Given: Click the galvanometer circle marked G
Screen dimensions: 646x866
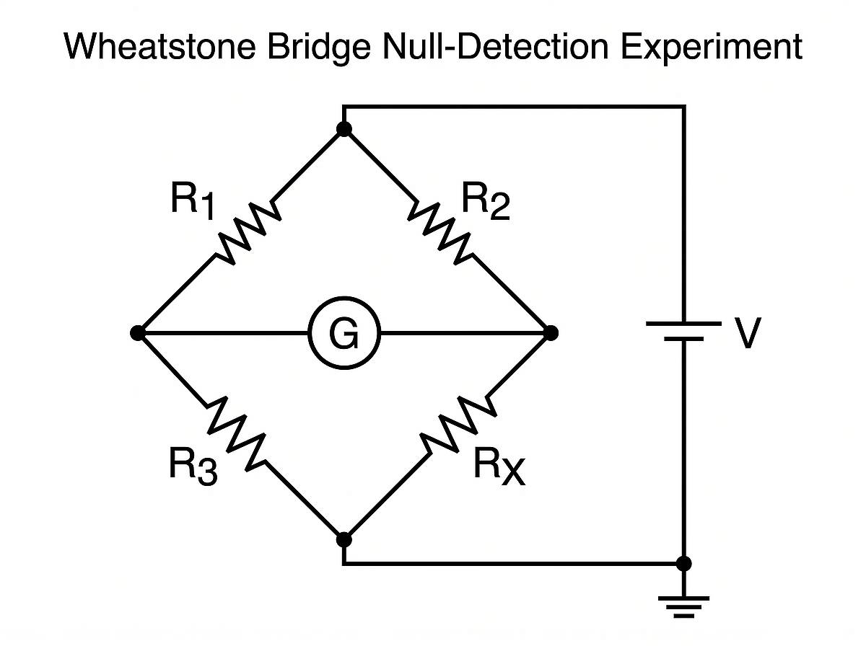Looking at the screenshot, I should pyautogui.click(x=344, y=334).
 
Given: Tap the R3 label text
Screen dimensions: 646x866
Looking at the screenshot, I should pyautogui.click(x=193, y=466).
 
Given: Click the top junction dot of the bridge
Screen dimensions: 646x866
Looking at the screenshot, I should pyautogui.click(x=344, y=129).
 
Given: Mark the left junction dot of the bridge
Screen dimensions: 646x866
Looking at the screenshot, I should pyautogui.click(x=137, y=333).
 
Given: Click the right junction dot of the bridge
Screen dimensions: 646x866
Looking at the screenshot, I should pyautogui.click(x=551, y=333).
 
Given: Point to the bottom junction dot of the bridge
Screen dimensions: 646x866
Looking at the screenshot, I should pyautogui.click(x=344, y=539).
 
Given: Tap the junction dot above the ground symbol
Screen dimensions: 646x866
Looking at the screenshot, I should pyautogui.click(x=683, y=563).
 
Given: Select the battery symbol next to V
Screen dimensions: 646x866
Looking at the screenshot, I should pyautogui.click(x=683, y=331).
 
